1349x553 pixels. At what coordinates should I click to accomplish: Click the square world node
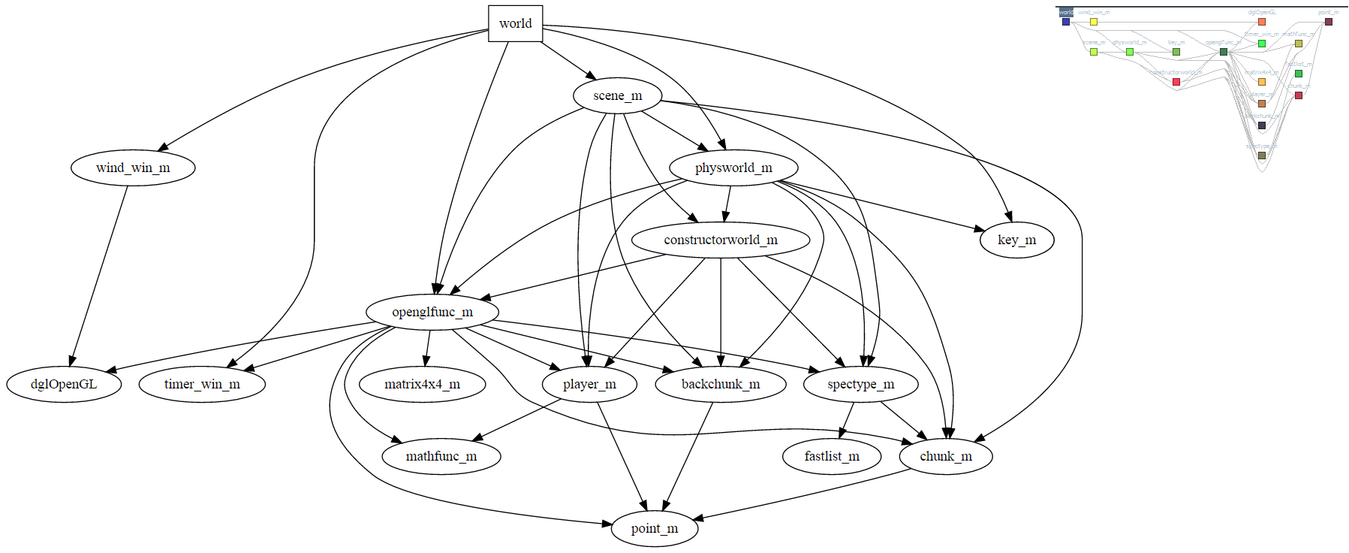515,23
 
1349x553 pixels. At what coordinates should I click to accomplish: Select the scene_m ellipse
617,95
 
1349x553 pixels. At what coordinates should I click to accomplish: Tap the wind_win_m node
133,168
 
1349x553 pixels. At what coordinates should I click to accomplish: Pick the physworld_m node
733,168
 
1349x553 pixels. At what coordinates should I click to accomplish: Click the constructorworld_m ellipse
721,240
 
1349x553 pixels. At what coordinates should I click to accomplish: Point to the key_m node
1016,240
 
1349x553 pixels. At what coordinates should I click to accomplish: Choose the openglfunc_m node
432,312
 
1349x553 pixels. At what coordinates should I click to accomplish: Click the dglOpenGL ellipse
64,384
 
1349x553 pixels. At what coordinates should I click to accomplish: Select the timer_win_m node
202,384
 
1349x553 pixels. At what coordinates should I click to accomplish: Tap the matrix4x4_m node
422,384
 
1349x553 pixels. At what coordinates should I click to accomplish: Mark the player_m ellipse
589,384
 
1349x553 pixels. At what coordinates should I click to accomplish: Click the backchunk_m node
721,384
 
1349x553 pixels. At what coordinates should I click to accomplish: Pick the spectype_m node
860,384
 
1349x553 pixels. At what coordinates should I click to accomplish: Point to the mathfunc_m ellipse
441,456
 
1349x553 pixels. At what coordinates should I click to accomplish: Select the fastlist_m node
832,456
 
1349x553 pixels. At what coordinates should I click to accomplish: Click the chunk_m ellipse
946,456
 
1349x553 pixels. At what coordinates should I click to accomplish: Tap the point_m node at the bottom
655,528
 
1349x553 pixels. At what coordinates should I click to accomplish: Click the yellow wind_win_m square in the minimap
1094,22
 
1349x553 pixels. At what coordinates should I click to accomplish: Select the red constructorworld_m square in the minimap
1176,82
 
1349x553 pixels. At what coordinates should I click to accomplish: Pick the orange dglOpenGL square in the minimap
1262,22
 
